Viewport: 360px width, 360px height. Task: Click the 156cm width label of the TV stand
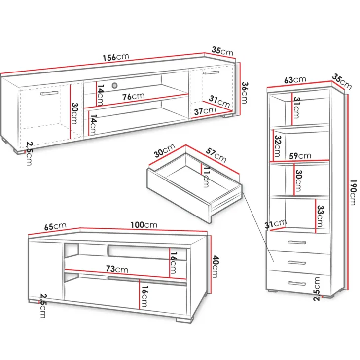click(116, 57)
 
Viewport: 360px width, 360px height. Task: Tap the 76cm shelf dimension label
click(133, 96)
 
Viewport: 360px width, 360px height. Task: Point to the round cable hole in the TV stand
click(114, 86)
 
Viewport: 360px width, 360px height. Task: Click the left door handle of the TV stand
click(49, 93)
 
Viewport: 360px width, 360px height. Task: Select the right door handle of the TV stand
click(211, 72)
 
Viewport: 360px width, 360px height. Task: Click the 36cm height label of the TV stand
click(244, 93)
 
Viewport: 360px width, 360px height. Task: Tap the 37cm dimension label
click(205, 111)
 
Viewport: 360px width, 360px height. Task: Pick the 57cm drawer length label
click(216, 155)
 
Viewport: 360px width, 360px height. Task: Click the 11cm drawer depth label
click(206, 177)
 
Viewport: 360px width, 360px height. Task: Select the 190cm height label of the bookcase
click(353, 192)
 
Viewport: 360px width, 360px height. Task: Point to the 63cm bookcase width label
click(295, 80)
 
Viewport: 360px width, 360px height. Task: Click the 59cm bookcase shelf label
click(300, 156)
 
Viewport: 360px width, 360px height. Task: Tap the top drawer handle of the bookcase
click(297, 242)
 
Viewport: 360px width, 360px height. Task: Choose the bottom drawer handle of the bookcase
click(297, 284)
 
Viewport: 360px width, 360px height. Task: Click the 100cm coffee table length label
click(144, 225)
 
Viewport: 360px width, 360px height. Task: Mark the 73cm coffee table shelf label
click(117, 269)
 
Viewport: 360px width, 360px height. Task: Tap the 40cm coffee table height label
click(216, 267)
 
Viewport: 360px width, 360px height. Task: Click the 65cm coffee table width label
click(55, 227)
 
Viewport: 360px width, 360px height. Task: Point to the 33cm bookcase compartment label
click(320, 216)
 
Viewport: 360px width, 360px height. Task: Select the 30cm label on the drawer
click(164, 150)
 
